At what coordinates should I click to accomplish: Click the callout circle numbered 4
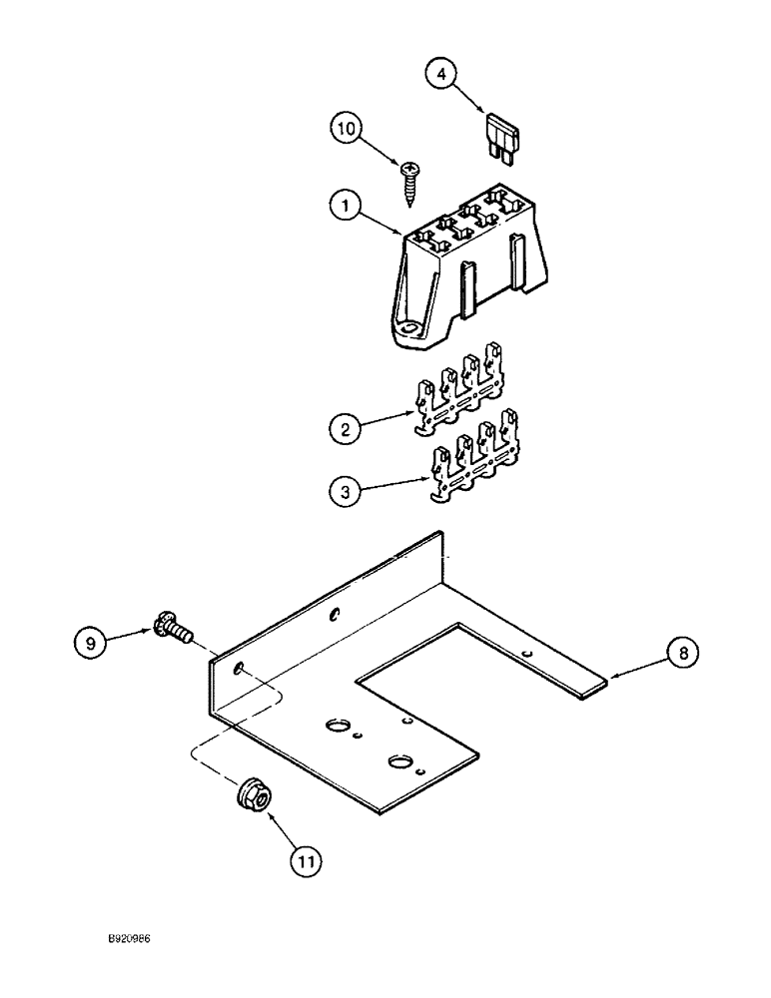442,75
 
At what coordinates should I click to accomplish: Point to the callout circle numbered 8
683,654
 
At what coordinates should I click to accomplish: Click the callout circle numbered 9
91,642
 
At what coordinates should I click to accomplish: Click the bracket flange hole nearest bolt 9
238,667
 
